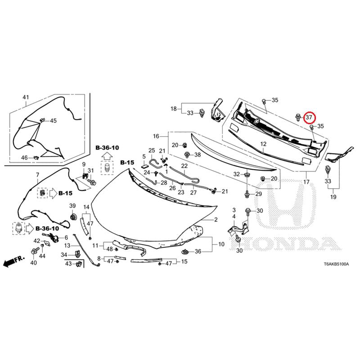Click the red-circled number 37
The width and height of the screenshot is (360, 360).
coord(309,117)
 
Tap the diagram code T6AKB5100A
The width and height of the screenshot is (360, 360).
coord(336,264)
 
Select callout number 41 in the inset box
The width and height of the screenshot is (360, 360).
coord(26,97)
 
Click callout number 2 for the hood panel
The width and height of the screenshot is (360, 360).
coord(216,220)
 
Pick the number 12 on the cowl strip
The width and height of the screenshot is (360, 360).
coord(263,144)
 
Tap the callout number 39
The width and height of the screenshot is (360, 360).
coord(72,206)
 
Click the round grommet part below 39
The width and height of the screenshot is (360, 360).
coord(73,217)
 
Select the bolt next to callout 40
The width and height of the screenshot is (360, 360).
coord(35,252)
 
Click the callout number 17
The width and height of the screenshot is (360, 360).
coord(306,182)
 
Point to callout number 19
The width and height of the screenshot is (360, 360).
coord(333,197)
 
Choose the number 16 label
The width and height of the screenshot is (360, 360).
coord(156,136)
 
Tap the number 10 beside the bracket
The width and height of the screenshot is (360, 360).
coord(221,244)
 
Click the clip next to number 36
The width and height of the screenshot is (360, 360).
coord(185,252)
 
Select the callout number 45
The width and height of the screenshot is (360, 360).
coord(53,121)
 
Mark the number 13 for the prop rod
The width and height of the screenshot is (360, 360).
coord(67,245)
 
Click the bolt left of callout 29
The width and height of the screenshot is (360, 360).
coord(247,194)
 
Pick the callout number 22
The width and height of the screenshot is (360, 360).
coord(184,166)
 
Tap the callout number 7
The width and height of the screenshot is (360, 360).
coord(37,175)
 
